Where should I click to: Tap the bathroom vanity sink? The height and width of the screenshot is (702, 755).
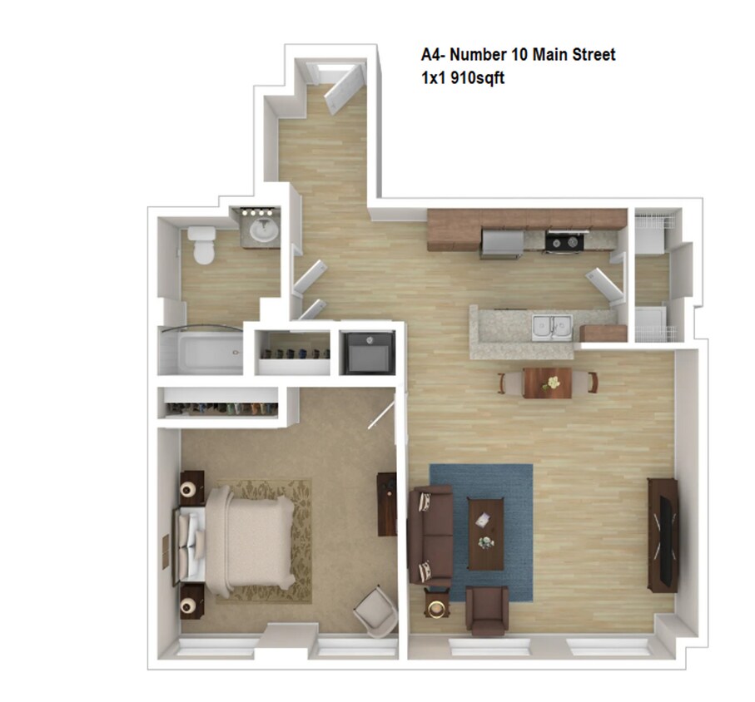pyautogui.click(x=264, y=232)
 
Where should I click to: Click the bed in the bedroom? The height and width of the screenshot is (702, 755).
pyautogui.click(x=241, y=540)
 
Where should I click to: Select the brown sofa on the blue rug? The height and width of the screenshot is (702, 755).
pyautogui.click(x=430, y=536)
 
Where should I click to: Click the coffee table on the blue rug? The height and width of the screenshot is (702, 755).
pyautogui.click(x=485, y=532)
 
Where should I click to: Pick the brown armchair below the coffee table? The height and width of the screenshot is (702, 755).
pyautogui.click(x=486, y=610)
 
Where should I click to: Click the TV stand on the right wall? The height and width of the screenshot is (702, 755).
pyautogui.click(x=662, y=534)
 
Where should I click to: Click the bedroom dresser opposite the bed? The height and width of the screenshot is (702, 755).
pyautogui.click(x=387, y=503)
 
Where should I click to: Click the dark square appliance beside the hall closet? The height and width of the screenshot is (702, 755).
pyautogui.click(x=367, y=353)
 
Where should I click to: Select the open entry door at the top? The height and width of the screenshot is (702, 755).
pyautogui.click(x=343, y=88)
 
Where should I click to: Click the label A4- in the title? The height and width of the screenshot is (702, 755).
pyautogui.click(x=434, y=56)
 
